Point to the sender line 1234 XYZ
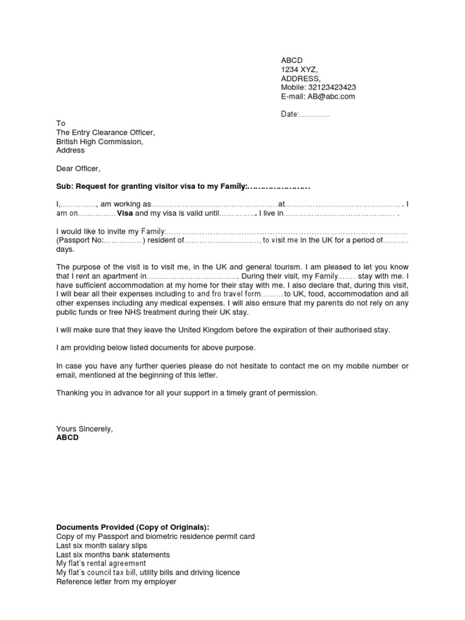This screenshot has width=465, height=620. click(x=298, y=70)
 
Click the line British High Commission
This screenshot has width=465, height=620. click(x=99, y=142)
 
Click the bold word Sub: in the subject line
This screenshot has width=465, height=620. click(x=65, y=186)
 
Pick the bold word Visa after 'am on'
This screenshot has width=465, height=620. click(x=125, y=214)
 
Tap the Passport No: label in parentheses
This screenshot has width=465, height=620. click(x=82, y=240)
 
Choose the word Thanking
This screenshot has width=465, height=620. click(x=72, y=393)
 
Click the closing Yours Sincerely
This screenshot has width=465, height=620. click(x=84, y=429)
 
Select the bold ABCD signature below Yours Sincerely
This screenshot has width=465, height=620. click(x=67, y=437)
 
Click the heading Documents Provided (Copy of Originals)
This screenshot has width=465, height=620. click(x=133, y=527)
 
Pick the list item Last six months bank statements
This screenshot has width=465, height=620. click(x=113, y=555)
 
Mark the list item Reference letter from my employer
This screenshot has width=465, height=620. click(x=116, y=582)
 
